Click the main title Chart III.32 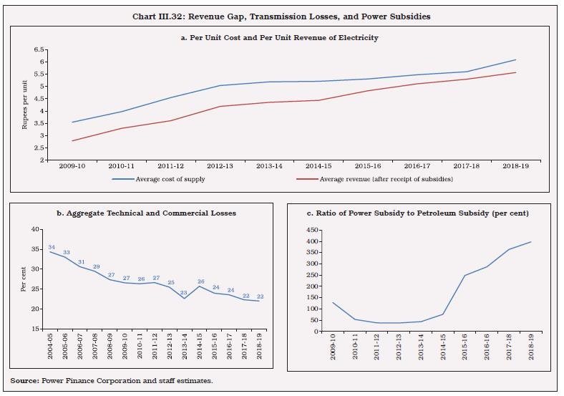click(x=281, y=16)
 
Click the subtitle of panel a click(x=281, y=37)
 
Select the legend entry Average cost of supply click(x=170, y=179)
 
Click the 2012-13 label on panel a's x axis click(x=220, y=166)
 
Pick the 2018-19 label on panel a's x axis click(x=515, y=166)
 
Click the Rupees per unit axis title click(x=24, y=105)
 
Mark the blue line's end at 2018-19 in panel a click(x=515, y=60)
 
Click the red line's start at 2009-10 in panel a click(x=72, y=140)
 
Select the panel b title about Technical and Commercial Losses click(x=145, y=213)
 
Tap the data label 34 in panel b click(x=52, y=247)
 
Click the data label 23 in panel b click(x=183, y=292)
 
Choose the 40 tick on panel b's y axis click(x=37, y=229)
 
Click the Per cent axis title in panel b click(x=24, y=279)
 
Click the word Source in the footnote click(x=26, y=380)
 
